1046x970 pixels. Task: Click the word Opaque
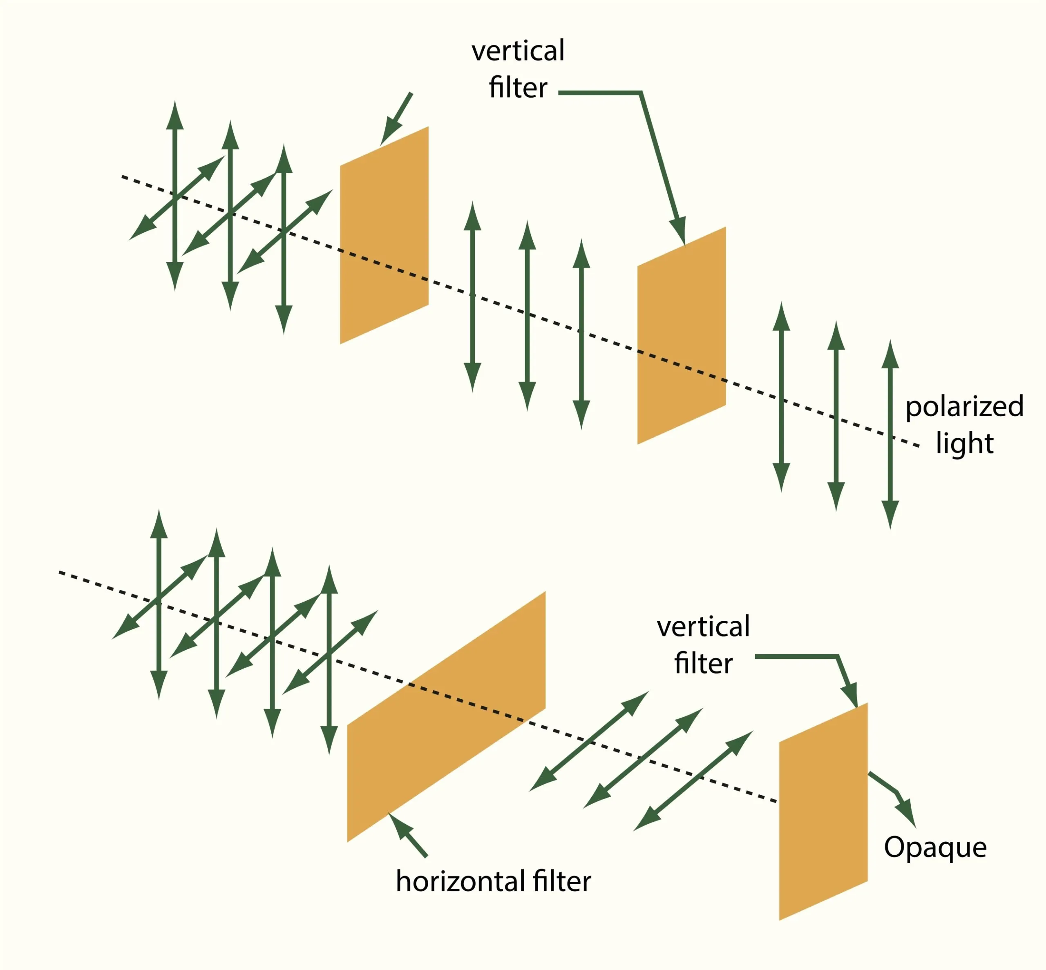tap(935, 848)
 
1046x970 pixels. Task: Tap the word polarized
tap(964, 407)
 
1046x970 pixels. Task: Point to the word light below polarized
tap(964, 443)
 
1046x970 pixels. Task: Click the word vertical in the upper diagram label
tap(518, 51)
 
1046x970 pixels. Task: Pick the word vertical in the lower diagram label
tap(703, 627)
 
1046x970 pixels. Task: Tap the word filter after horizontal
tap(561, 881)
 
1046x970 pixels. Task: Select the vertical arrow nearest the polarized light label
tap(890, 435)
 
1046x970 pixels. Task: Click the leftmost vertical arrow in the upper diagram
tap(175, 196)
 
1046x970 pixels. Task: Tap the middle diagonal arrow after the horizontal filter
tap(643, 758)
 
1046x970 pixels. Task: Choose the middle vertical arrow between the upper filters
tap(527, 315)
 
